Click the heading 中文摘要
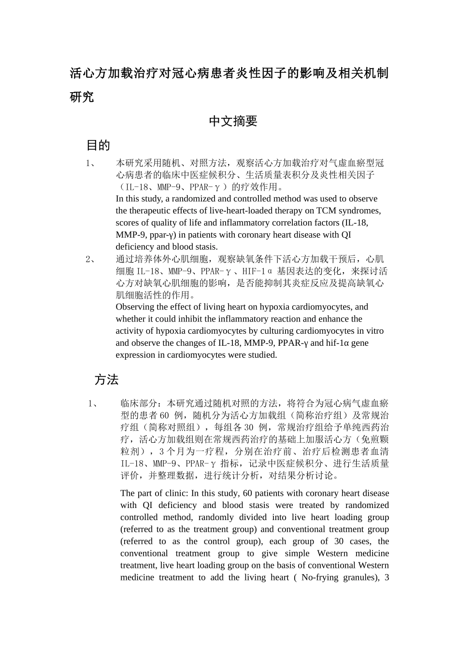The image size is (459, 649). click(233, 122)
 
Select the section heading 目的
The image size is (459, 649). click(98, 145)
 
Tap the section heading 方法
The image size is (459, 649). click(106, 380)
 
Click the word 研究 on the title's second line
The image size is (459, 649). click(82, 97)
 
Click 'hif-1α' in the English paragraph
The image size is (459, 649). click(340, 343)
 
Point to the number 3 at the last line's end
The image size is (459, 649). click(387, 578)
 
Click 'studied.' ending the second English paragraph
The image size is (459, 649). click(261, 355)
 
